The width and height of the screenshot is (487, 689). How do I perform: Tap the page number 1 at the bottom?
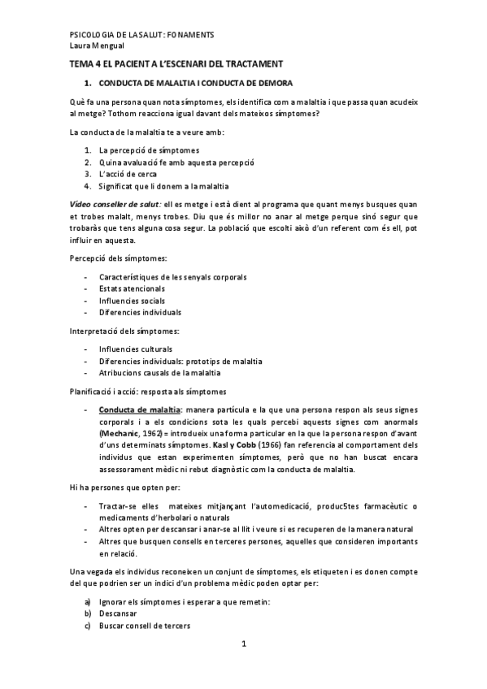point(242,643)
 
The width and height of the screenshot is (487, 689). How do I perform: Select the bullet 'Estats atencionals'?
point(132,288)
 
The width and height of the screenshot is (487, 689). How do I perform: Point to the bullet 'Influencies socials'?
point(133,300)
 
